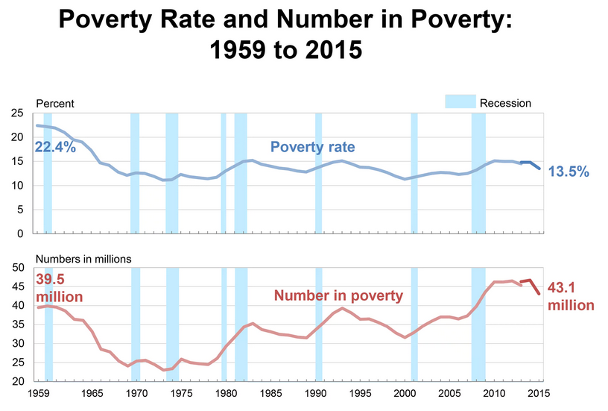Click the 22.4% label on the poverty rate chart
coord(55,147)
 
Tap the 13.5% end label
coord(569,171)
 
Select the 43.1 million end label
coord(571,297)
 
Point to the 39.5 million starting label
coord(60,288)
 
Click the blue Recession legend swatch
coord(460,101)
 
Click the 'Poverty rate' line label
coord(312,147)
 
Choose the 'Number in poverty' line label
coord(338,295)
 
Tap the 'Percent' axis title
coord(55,104)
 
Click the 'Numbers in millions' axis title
coord(83,259)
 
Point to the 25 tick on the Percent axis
coord(17,113)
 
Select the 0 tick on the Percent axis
coord(20,233)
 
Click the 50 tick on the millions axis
coord(18,267)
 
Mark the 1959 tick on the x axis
coord(39,394)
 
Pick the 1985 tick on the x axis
coord(270,394)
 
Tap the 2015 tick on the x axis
coord(539,394)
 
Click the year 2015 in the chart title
coord(334,50)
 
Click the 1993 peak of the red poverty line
coord(342,309)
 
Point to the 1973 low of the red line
coord(164,370)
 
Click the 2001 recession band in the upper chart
coord(414,173)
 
